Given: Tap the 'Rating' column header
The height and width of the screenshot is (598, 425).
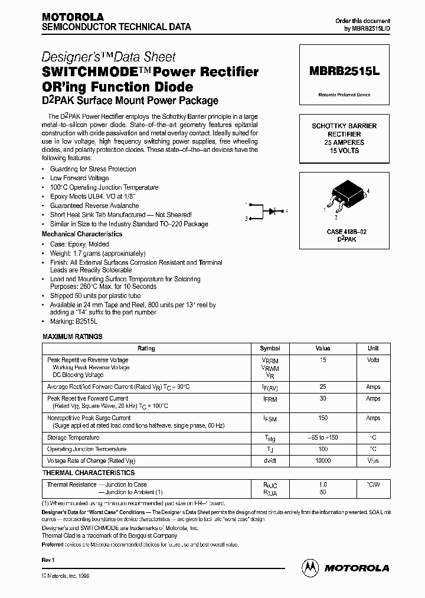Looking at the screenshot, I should [x=146, y=349].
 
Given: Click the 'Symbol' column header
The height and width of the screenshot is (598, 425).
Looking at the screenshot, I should [x=270, y=349].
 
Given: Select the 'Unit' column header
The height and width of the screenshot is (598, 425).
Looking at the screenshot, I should [x=373, y=349].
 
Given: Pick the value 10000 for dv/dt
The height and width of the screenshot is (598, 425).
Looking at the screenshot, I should [x=323, y=460].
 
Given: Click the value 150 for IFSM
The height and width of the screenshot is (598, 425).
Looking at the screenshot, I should [x=323, y=418].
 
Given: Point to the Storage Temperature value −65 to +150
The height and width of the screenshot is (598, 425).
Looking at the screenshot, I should [x=323, y=438].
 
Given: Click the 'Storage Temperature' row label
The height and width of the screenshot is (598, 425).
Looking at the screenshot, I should [x=73, y=438].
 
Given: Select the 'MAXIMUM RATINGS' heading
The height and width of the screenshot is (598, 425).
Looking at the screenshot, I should [x=72, y=336].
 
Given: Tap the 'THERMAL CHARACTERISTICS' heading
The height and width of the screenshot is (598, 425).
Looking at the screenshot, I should [x=88, y=473].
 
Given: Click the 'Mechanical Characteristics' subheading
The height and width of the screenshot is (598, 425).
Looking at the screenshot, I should [x=82, y=234].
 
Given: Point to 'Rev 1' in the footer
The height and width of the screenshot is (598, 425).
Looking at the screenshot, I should [x=48, y=559].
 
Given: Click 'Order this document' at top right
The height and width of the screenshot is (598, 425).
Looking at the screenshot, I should [x=362, y=21].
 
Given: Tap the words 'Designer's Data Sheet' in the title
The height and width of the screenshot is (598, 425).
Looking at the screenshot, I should [x=109, y=57].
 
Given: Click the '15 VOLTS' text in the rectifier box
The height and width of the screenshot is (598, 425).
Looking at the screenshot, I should [x=345, y=151].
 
